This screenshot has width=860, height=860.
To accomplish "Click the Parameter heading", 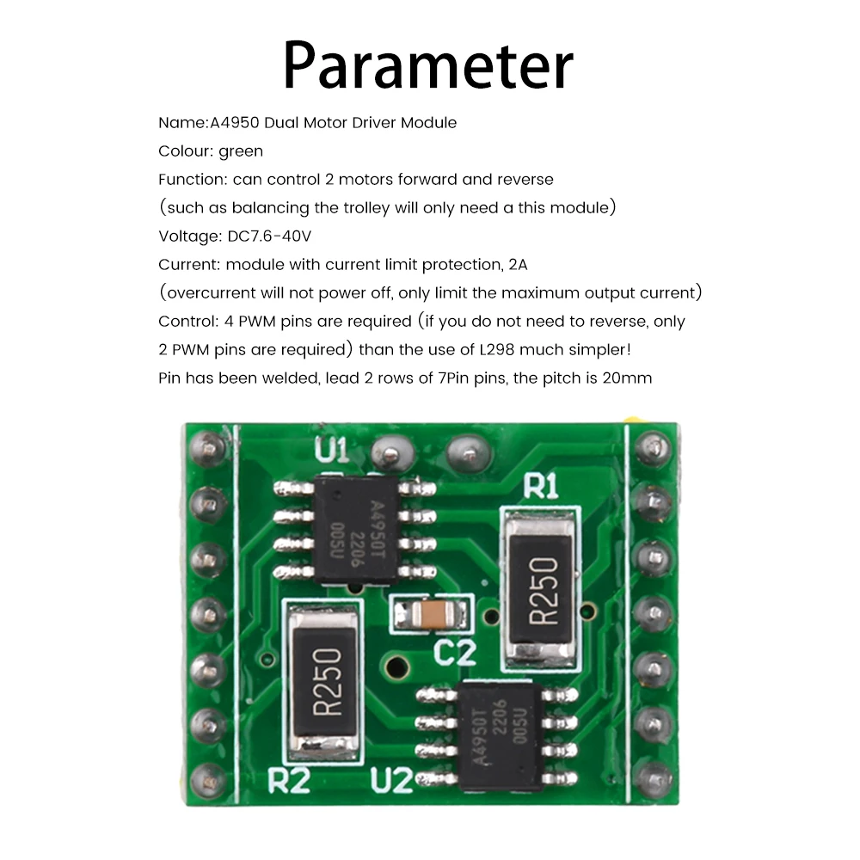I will pos(427,66).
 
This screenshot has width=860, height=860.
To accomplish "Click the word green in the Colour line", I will pos(241,151).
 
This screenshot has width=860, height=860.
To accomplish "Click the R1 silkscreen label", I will pos(542,488).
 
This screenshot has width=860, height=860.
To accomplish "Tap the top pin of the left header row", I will pos(209,445).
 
